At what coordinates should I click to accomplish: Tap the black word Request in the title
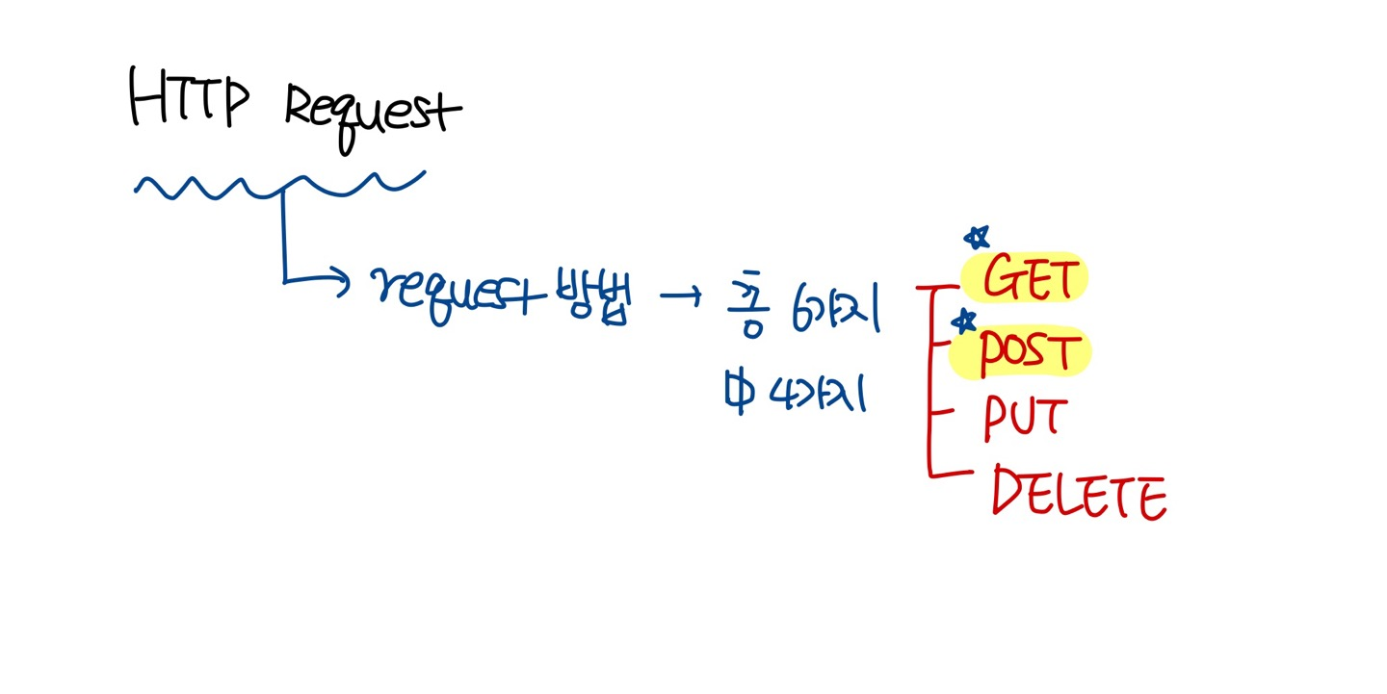373,114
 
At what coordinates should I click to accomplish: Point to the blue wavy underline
279,183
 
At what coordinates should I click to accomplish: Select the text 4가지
819,393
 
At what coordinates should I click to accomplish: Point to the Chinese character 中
739,393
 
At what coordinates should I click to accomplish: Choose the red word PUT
1024,420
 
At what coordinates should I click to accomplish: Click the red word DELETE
1079,495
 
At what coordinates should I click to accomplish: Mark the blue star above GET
977,237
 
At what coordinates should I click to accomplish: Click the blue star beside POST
963,321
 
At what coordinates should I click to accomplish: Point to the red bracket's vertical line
929,385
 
